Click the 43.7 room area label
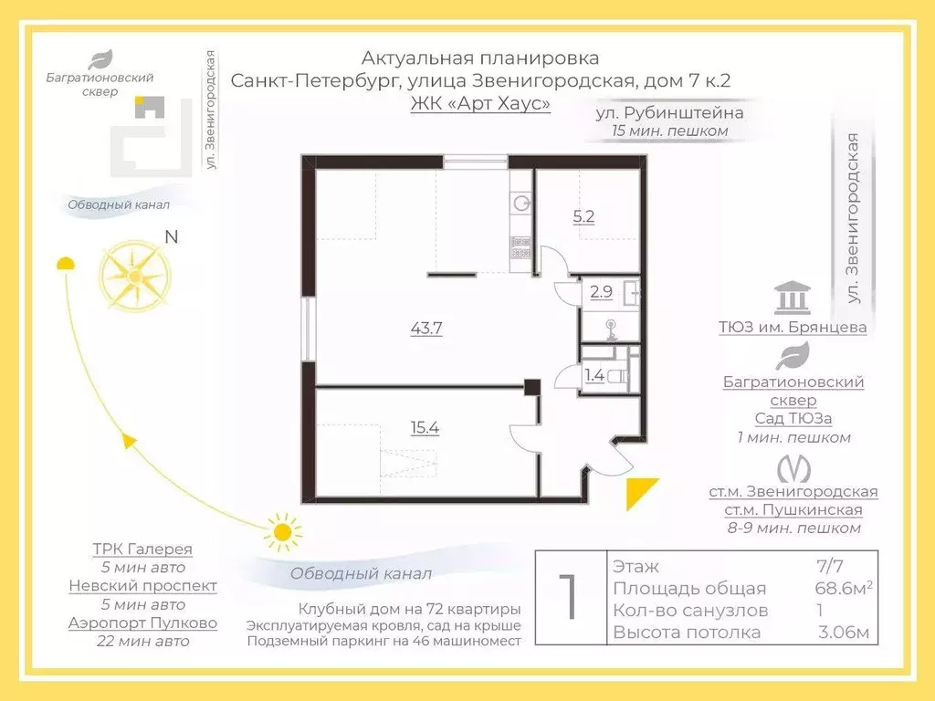(x=427, y=329)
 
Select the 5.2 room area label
(x=583, y=217)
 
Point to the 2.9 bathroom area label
(x=601, y=293)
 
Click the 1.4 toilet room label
(x=594, y=374)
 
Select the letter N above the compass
(x=171, y=237)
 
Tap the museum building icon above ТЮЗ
(x=792, y=298)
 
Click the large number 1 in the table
(x=568, y=598)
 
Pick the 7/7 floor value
(x=829, y=567)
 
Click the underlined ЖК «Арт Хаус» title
(x=480, y=103)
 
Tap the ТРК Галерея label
(x=142, y=549)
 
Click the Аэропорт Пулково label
(x=142, y=623)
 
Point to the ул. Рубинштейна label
(x=669, y=113)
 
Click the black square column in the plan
(x=532, y=386)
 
